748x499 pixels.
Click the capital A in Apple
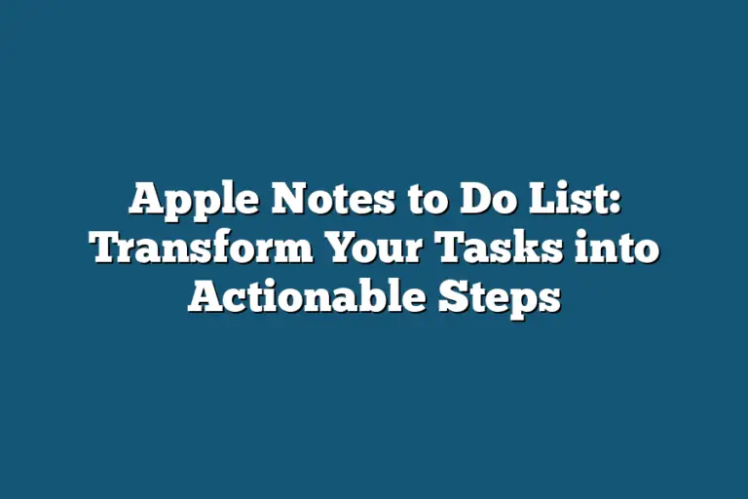pos(145,202)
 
